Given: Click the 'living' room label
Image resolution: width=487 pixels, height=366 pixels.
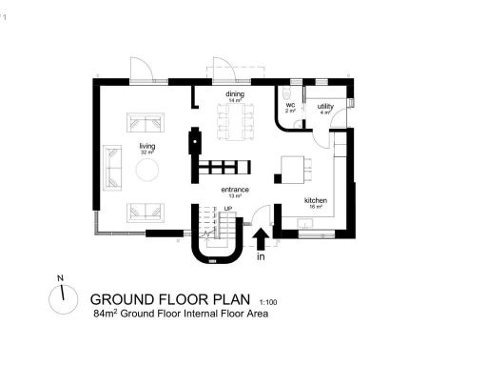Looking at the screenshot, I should point(146,146).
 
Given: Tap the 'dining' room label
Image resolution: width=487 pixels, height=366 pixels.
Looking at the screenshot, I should point(235,95).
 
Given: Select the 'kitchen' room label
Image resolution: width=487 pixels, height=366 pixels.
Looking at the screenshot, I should point(316,200).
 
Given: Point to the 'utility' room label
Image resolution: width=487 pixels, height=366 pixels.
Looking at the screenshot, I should point(325,107).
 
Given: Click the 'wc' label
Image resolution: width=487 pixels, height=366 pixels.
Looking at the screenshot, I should point(290,106).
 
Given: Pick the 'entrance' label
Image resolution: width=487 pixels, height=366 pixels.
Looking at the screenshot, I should point(235,190).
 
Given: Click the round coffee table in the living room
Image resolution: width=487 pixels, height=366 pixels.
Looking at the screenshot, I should point(148,171).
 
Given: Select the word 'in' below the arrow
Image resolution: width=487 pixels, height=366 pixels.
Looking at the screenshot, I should point(261,256).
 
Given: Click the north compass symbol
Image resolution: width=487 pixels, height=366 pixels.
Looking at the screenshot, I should point(63,299).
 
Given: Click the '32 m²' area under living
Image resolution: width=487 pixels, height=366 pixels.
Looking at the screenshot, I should point(146,152).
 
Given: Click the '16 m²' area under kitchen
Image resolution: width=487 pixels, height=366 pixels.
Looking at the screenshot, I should point(316,207).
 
